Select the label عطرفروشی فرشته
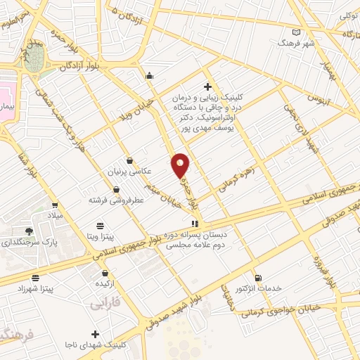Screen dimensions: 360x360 point(116,200)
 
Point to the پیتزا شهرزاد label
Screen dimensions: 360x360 point(35,289)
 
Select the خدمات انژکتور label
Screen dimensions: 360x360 point(259,289)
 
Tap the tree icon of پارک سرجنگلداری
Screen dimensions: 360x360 point(28,231)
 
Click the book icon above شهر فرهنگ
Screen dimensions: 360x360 point(296,32)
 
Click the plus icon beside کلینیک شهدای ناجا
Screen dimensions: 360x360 point(96,333)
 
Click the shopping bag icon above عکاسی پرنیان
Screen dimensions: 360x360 point(129,160)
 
